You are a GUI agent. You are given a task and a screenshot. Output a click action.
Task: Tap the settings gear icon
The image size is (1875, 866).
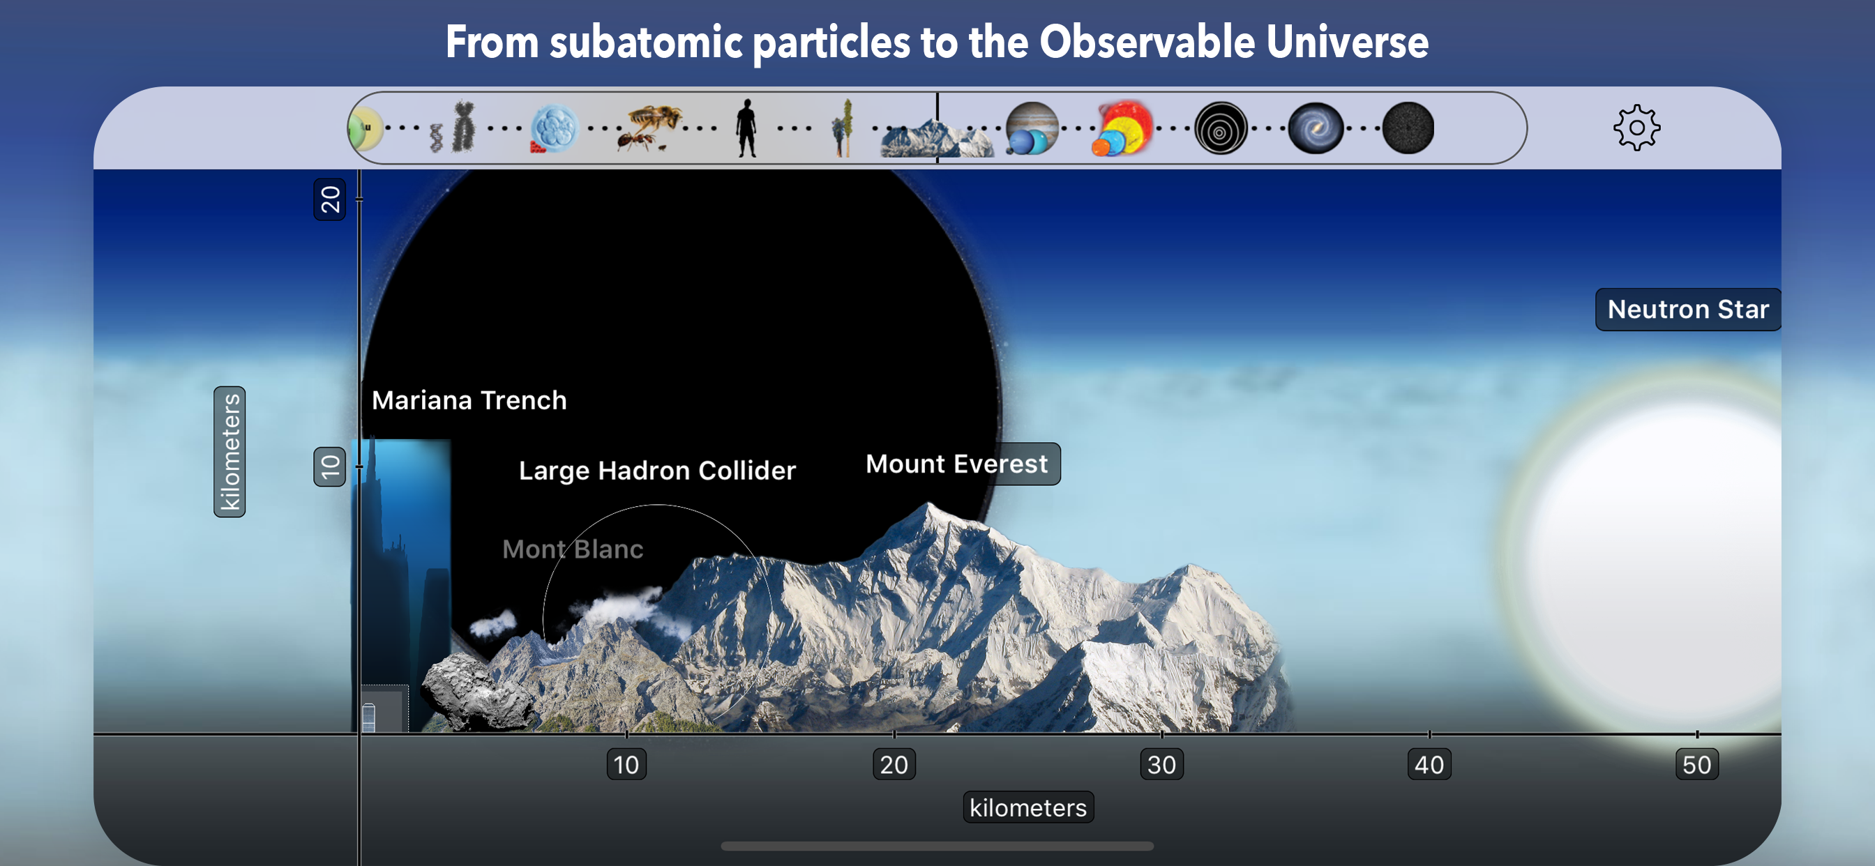(x=1636, y=128)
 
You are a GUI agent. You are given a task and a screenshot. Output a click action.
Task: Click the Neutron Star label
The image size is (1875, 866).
(x=1687, y=310)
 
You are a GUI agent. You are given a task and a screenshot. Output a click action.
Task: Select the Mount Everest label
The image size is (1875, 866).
(x=956, y=464)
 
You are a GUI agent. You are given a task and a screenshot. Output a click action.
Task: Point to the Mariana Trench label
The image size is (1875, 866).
(x=469, y=400)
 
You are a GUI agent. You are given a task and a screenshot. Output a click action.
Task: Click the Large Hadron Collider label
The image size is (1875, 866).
(x=657, y=471)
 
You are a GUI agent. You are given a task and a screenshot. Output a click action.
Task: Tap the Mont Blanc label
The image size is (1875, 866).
(x=573, y=549)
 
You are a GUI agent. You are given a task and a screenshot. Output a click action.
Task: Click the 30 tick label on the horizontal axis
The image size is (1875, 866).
(x=1161, y=765)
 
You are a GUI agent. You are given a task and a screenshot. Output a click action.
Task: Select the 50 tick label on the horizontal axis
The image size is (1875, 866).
(x=1696, y=765)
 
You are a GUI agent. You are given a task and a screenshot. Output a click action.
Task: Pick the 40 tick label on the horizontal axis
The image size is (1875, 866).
(x=1429, y=765)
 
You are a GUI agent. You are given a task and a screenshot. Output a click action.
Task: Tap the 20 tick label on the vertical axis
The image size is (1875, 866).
(x=330, y=199)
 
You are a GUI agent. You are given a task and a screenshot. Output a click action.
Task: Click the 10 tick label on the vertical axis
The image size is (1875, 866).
(x=330, y=466)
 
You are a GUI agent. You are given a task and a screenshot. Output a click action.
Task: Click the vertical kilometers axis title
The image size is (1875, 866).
(x=229, y=452)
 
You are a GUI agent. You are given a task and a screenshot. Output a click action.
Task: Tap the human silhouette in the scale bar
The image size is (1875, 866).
(x=746, y=128)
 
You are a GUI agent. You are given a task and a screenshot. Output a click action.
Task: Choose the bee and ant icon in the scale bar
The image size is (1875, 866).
(x=649, y=128)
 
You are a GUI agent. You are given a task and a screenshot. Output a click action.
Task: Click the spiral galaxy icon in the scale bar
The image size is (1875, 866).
(x=1315, y=128)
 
